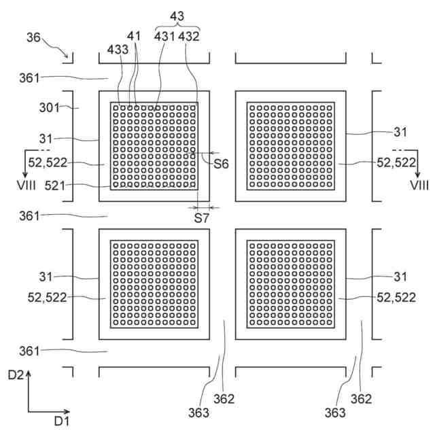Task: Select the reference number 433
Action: [x=116, y=49]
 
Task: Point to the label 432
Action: [x=189, y=37]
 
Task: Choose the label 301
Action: [x=50, y=107]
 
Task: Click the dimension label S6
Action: [x=221, y=164]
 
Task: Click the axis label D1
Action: [x=63, y=422]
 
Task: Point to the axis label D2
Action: [x=18, y=375]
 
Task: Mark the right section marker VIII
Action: [x=418, y=184]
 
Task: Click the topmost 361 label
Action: [x=31, y=79]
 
